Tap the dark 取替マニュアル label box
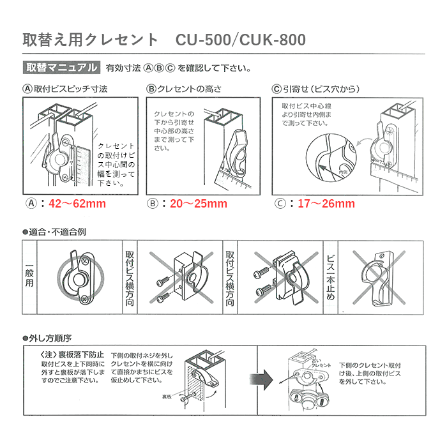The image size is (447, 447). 61,68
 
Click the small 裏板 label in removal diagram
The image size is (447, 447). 167,395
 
